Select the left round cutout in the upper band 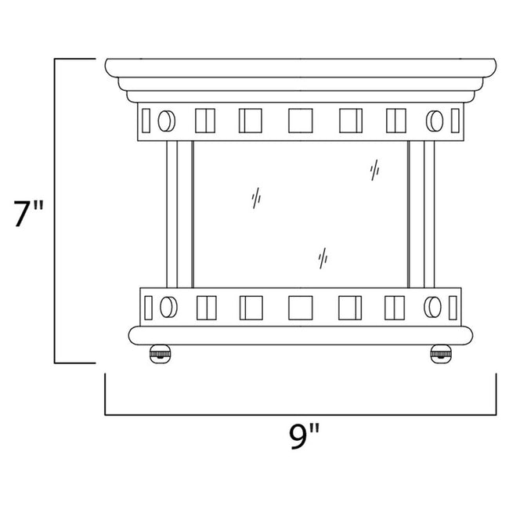(x=165, y=121)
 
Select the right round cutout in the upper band (x=434, y=121)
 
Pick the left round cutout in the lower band (x=166, y=305)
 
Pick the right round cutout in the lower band (x=434, y=305)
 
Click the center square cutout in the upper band (x=300, y=121)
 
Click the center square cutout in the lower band (x=300, y=306)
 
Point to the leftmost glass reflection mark (x=256, y=198)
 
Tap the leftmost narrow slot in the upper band (x=146, y=121)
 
